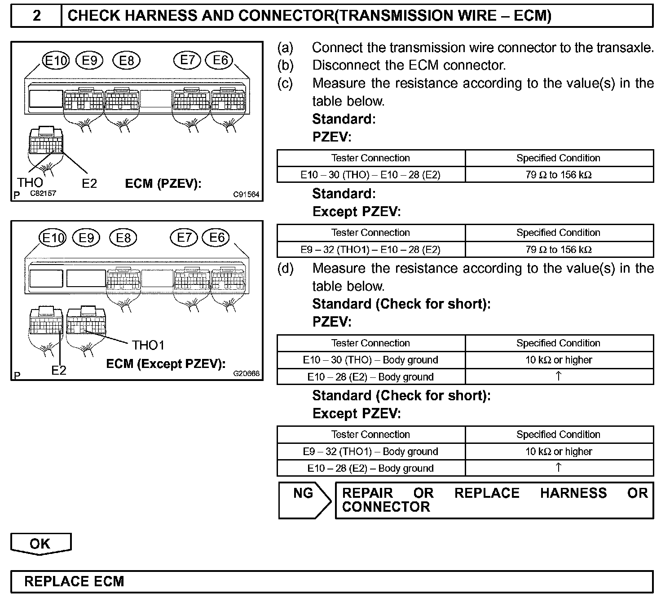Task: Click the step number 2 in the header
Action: pyautogui.click(x=37, y=16)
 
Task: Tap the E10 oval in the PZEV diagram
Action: pyautogui.click(x=56, y=60)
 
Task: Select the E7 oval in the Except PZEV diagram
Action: pyautogui.click(x=184, y=237)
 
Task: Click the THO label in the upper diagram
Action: pyautogui.click(x=30, y=182)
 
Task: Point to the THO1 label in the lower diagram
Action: pyautogui.click(x=148, y=345)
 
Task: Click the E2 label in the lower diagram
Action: pyautogui.click(x=59, y=370)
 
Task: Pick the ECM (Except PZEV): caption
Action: pyautogui.click(x=166, y=363)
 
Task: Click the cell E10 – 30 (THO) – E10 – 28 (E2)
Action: pyautogui.click(x=370, y=175)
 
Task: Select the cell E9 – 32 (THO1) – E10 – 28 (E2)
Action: pyautogui.click(x=370, y=249)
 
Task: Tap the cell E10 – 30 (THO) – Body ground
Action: pyautogui.click(x=370, y=360)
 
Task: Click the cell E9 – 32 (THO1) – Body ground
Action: pyautogui.click(x=370, y=451)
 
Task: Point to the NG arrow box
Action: pyautogui.click(x=304, y=499)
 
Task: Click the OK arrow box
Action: pyautogui.click(x=40, y=544)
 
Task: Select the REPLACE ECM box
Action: pyautogui.click(x=332, y=581)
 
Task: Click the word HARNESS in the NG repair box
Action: pyautogui.click(x=573, y=493)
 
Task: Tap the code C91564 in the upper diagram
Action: pyautogui.click(x=246, y=195)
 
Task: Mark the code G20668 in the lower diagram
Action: pyautogui.click(x=246, y=373)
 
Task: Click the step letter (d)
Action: pyautogui.click(x=285, y=269)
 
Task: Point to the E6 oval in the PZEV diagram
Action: pyautogui.click(x=220, y=60)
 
